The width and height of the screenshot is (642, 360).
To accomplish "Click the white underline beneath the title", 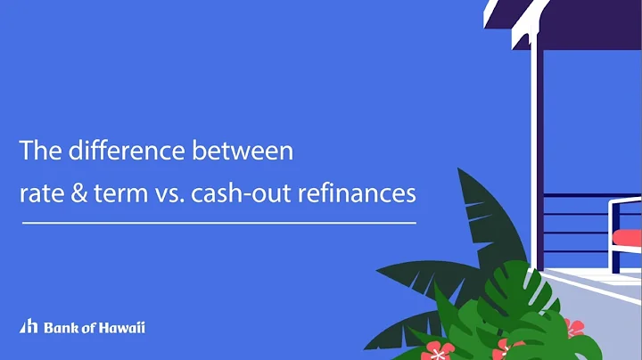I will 218,222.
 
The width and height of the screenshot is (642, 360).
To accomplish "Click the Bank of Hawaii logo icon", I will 28,327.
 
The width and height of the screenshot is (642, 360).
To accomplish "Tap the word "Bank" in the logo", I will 56,327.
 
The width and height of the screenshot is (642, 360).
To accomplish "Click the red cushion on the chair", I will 629,238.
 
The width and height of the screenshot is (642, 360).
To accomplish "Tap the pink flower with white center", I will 437,351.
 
